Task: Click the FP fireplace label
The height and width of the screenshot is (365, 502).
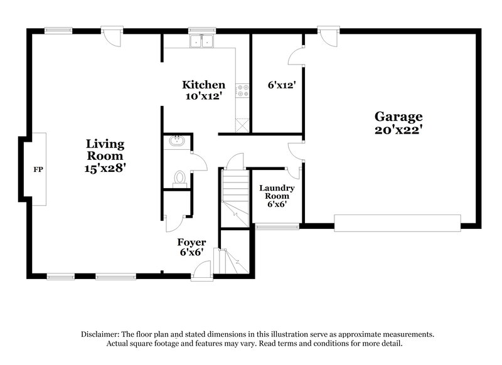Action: [38, 169]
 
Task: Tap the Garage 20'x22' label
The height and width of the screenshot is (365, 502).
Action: [398, 123]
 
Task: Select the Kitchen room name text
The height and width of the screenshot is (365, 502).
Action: [203, 85]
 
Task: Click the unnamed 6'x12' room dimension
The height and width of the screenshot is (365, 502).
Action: [277, 85]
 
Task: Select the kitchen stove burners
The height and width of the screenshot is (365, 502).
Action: [242, 90]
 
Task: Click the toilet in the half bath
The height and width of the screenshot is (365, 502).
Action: [181, 178]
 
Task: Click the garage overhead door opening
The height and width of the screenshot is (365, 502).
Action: [397, 223]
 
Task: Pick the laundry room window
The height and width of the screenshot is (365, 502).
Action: [269, 226]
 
